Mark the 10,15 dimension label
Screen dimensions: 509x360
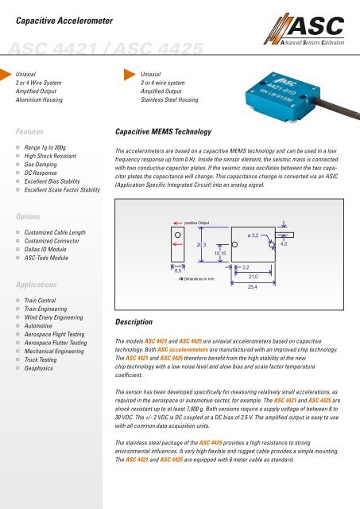[220, 254]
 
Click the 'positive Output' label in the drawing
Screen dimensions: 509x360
[200, 225]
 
